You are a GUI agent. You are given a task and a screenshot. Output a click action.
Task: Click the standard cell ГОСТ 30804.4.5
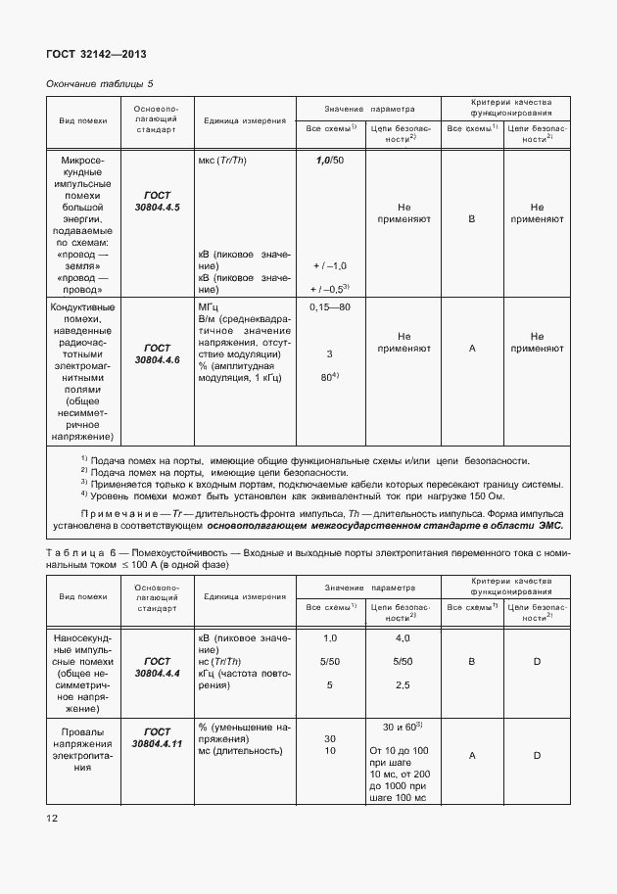point(157,201)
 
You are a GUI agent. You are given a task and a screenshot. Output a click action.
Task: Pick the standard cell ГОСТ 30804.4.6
point(157,353)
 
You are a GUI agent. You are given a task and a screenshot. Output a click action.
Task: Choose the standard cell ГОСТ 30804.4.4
point(157,668)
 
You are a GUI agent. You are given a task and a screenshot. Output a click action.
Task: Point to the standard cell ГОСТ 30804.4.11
point(157,737)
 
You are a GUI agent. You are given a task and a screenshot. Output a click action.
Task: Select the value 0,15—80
point(330,307)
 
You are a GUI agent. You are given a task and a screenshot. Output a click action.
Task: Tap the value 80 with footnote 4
point(330,377)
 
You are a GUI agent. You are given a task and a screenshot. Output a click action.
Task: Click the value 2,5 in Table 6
point(402,685)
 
